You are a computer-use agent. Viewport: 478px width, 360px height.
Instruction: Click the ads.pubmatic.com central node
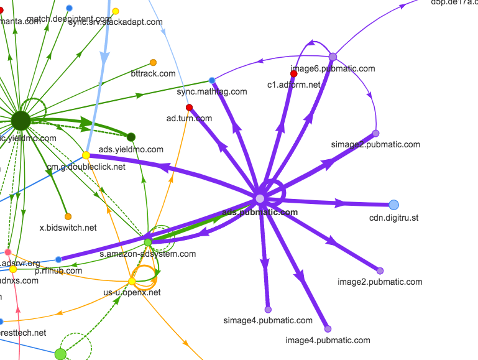(260, 198)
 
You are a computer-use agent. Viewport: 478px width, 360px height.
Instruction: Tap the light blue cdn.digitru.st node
(393, 205)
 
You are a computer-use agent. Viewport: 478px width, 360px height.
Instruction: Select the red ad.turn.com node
(189, 108)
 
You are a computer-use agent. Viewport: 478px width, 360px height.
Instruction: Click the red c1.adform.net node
(294, 74)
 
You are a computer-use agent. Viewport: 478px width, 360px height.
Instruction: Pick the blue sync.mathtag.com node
(212, 80)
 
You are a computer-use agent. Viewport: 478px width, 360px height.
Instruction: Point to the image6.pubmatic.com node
(333, 57)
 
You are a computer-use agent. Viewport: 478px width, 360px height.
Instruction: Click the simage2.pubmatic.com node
(375, 133)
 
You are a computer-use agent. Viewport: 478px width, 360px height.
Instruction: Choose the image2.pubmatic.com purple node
(380, 270)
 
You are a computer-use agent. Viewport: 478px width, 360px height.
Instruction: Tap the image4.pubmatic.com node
(328, 329)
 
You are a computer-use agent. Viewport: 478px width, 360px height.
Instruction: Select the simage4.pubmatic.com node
(268, 309)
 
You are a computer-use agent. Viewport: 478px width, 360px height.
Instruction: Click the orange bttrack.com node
(153, 63)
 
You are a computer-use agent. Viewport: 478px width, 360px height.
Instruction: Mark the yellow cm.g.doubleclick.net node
(86, 155)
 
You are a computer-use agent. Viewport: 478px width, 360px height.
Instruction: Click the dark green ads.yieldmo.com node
(131, 137)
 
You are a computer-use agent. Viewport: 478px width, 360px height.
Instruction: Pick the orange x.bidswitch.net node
(68, 216)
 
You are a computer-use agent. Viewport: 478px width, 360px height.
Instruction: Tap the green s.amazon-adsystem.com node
(148, 242)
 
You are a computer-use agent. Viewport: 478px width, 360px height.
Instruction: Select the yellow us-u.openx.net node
(132, 282)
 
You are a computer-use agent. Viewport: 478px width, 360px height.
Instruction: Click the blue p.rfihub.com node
(58, 259)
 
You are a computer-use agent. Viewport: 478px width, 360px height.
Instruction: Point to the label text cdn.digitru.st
(394, 218)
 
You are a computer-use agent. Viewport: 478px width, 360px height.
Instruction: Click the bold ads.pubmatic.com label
(260, 212)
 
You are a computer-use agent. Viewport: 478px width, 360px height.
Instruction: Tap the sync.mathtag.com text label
(212, 91)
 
